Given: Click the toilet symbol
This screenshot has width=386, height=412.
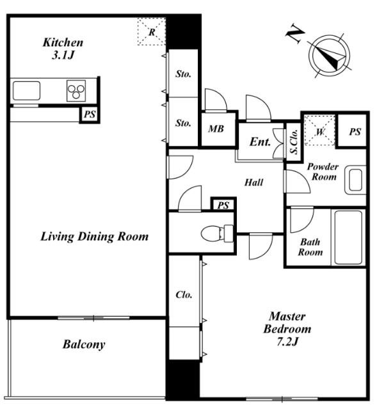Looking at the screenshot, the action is coord(217,233).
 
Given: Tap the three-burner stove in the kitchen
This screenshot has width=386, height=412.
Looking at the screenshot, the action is coord(76,91).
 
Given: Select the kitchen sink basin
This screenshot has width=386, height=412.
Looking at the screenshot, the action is coord(26,91).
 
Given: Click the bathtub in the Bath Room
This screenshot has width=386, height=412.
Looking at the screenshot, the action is coord(348,237).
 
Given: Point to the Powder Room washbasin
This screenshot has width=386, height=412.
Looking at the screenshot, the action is coord(355,180).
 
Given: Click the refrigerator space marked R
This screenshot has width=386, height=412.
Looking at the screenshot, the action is coord(152,32).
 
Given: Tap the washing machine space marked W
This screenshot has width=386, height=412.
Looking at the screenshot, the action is coord(319,131).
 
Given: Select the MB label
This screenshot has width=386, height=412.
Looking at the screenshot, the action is coord(216,129).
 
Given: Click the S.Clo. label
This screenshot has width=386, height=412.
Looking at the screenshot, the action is coord(294,141).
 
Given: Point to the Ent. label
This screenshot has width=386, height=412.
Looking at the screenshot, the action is coord(260,142).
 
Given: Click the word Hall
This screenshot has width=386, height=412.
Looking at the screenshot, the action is coord(253,182).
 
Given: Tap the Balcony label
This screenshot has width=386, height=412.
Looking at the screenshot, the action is coord(84,344).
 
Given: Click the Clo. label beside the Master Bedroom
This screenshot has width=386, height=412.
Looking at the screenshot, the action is coord(184,294).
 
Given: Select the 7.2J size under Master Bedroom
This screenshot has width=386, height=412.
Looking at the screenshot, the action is coord(287,342).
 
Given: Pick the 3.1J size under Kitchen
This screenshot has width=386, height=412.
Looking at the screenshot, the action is coord(63,55).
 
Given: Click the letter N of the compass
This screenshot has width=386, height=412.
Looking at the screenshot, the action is coord(295,33).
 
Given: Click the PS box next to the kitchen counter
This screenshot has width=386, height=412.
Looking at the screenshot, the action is coord(90,115).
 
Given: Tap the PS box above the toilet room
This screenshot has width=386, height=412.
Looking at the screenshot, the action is coord(223,205).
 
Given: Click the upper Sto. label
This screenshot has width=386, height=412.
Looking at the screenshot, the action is coord(183,74).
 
